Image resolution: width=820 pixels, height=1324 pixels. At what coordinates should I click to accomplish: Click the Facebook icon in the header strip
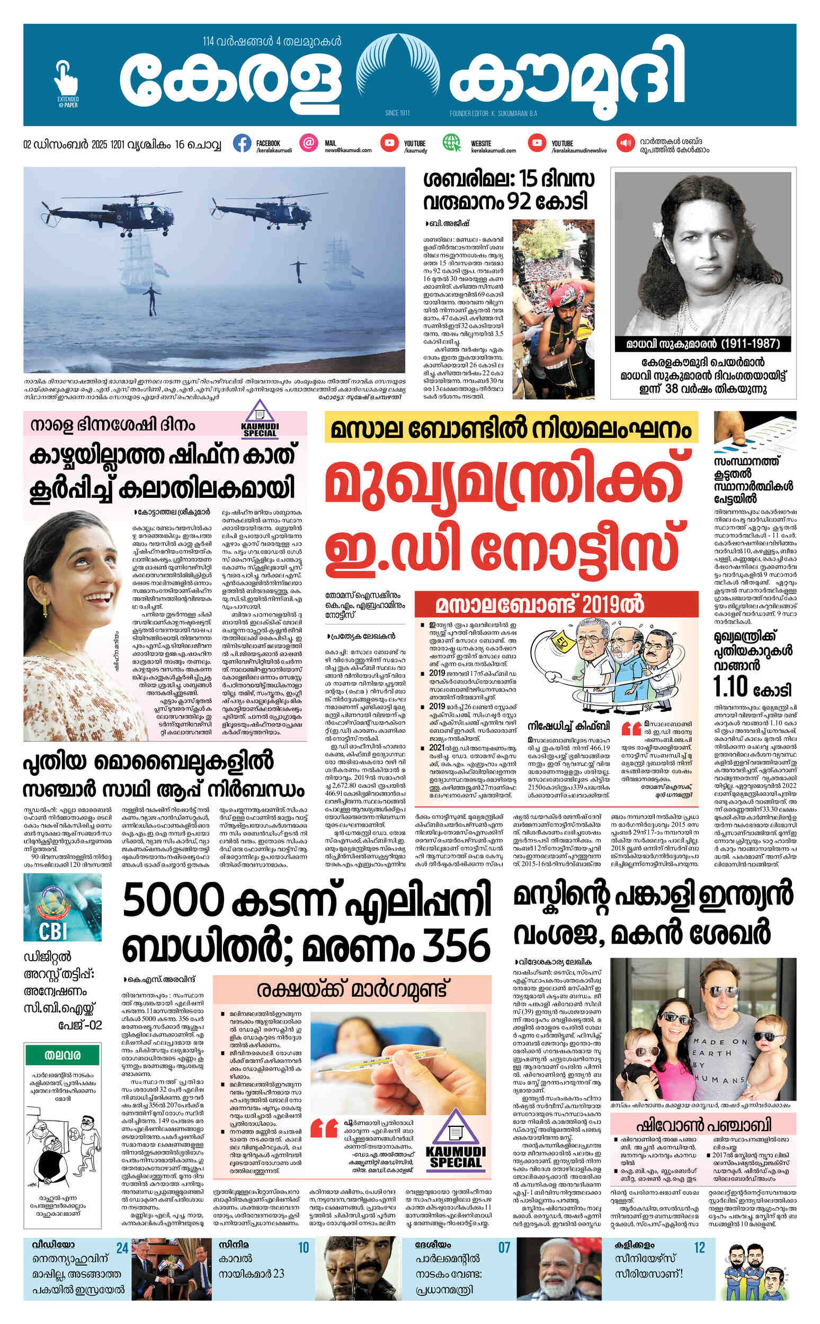click(242, 143)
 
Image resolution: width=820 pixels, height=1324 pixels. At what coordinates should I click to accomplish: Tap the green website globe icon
click(451, 143)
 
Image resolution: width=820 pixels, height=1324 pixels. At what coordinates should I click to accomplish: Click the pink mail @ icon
click(309, 143)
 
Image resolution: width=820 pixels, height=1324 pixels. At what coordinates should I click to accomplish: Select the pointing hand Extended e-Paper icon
click(66, 82)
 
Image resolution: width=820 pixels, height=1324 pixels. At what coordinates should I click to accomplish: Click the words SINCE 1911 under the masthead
click(397, 113)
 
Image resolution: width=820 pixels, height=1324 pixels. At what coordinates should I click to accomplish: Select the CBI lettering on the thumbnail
click(52, 931)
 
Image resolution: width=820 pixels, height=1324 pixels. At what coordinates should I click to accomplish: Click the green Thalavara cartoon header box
click(63, 1055)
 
